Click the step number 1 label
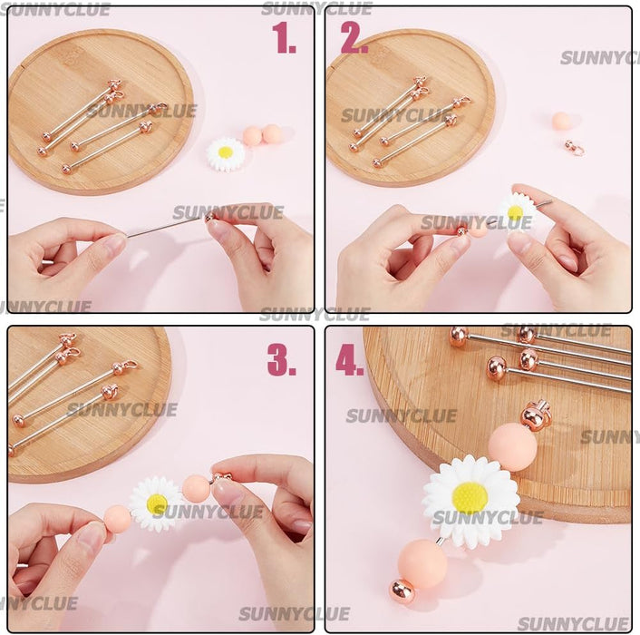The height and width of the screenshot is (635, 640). tap(284, 39)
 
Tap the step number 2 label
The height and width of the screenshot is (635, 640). tap(354, 39)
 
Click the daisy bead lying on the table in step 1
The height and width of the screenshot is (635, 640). tap(225, 153)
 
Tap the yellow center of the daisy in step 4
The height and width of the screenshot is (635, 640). tap(470, 497)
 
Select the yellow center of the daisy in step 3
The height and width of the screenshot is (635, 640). tap(157, 503)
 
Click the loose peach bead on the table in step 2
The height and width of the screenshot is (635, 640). tap(562, 122)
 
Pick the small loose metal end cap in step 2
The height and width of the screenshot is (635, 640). tap(573, 147)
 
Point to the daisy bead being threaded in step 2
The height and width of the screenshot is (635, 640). tap(515, 211)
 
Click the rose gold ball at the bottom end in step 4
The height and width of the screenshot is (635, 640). tap(402, 591)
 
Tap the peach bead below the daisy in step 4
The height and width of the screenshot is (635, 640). tap(422, 562)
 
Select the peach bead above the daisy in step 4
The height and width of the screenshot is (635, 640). tap(512, 447)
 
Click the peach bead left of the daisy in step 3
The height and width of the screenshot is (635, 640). tap(117, 519)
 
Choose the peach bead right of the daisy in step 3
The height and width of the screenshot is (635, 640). tap(195, 489)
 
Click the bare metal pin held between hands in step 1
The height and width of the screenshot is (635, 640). tap(163, 227)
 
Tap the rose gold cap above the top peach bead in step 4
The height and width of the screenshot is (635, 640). tap(534, 417)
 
